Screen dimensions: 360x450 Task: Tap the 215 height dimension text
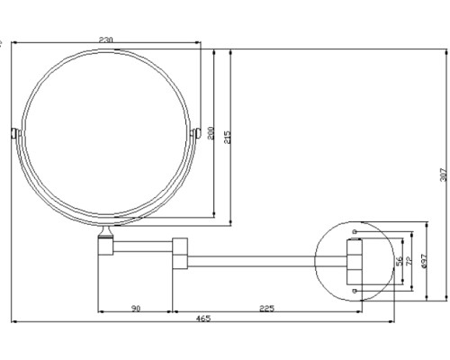[x=228, y=136]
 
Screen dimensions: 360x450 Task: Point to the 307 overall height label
[x=442, y=176]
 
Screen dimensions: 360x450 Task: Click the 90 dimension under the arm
[x=134, y=309]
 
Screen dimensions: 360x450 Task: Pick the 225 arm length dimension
[x=266, y=309]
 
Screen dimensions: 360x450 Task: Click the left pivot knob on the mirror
[x=14, y=134]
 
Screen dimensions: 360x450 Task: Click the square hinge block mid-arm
[x=179, y=253]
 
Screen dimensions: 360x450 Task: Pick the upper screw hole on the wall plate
[x=356, y=232]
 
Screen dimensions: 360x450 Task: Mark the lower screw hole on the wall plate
[x=356, y=292]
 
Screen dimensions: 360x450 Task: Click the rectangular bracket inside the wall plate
[x=352, y=261]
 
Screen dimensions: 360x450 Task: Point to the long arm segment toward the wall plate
[x=261, y=262]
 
